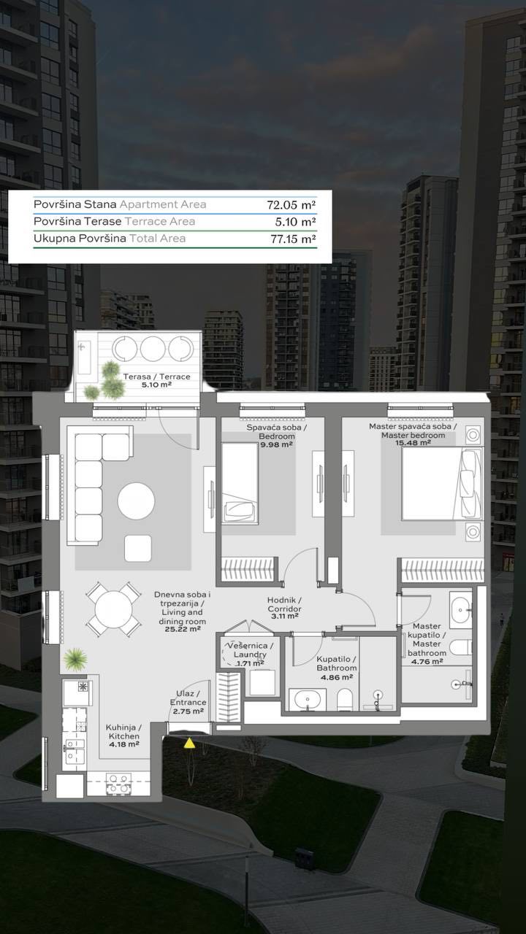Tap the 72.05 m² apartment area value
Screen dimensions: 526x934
291,205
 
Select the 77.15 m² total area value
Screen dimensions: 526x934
291,239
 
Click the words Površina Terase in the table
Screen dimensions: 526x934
77,221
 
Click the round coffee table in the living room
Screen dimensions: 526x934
136,501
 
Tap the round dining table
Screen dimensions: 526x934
113,609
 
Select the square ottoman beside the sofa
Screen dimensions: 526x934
138,548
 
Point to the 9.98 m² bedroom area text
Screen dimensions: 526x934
276,444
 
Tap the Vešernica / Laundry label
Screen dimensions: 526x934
250,650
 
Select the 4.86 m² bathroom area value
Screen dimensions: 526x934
337,677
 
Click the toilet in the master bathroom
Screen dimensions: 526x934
461,647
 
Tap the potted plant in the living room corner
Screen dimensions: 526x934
75,660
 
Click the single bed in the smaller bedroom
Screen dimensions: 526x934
240,483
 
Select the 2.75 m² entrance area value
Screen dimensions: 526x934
188,711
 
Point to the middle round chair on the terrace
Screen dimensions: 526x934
153,348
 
